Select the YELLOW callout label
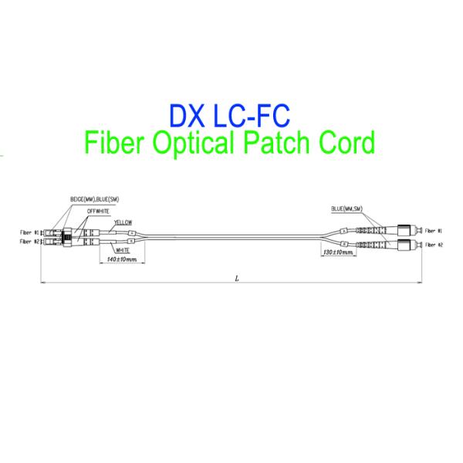123,221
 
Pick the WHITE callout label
121,250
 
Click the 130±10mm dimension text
339,252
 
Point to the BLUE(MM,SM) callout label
348,208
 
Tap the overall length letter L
235,279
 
